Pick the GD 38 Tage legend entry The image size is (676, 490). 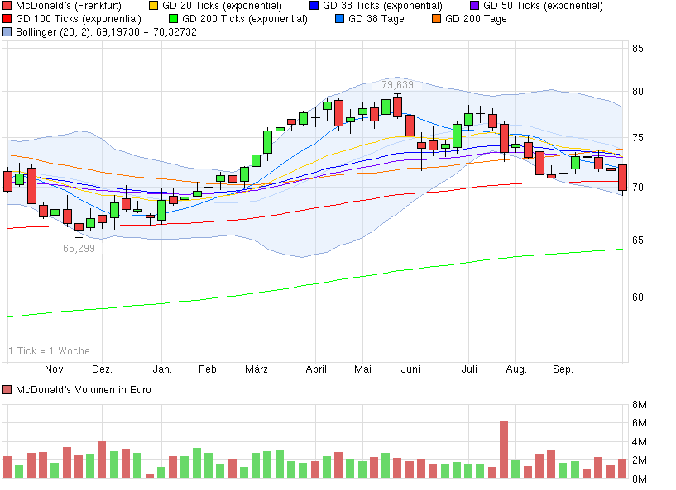[375, 18]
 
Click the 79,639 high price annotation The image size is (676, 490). [397, 84]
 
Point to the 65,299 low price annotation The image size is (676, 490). [79, 248]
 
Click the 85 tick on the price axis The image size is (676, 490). [638, 49]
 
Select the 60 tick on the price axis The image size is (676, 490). [638, 297]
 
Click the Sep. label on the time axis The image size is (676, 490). [563, 369]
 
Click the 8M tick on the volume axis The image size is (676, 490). [639, 405]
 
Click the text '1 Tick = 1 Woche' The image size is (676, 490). [49, 351]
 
